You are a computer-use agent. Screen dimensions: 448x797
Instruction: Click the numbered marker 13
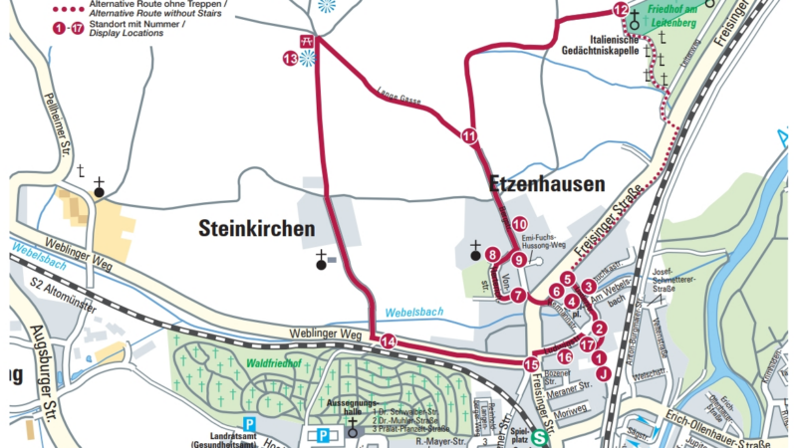[290, 59]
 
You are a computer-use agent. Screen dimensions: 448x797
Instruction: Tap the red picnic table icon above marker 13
[307, 41]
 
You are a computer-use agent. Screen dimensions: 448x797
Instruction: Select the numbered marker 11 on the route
[469, 136]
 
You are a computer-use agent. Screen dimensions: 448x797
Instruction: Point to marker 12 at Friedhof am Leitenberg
[621, 11]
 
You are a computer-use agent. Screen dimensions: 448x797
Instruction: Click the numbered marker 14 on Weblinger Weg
[388, 342]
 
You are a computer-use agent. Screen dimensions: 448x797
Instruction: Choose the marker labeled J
[602, 374]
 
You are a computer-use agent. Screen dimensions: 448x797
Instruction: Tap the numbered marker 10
[520, 224]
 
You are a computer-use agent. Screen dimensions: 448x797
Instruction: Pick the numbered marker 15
[531, 364]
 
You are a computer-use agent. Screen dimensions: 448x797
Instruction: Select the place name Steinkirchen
[256, 228]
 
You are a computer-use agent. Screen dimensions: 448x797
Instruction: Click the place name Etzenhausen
[546, 184]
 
